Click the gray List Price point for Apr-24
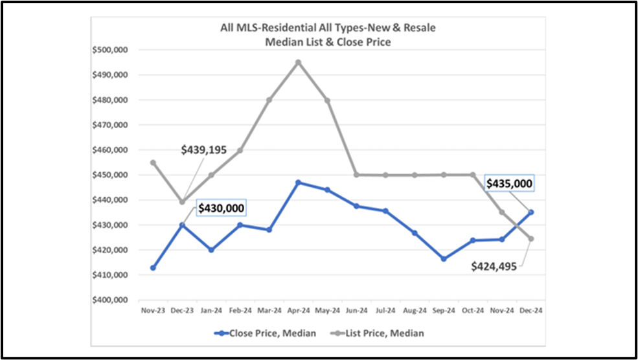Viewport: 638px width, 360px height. coord(298,62)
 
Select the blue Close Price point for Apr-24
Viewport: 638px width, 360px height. coord(298,183)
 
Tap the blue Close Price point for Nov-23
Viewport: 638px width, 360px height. coord(153,267)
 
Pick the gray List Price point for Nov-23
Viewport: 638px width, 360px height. coord(153,163)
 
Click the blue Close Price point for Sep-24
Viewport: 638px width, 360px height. coord(444,258)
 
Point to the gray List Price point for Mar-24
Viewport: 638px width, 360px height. coord(269,100)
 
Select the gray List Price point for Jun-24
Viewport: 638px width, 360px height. coord(356,175)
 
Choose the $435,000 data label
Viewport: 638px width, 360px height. coord(510,184)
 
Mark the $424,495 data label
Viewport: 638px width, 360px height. coord(494,266)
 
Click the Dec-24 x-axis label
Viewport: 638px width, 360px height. coord(530,311)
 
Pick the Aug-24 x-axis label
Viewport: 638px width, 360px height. coord(415,311)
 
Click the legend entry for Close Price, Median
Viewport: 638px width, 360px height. coord(265,333)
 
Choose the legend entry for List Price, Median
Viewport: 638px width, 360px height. coord(379,333)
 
